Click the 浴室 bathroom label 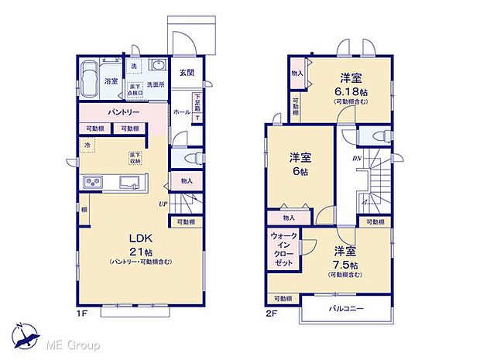click(111, 81)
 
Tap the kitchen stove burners click(94, 183)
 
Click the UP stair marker click(164, 204)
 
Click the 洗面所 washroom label click(158, 84)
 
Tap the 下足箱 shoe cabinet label click(197, 102)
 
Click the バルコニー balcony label click(346, 308)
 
